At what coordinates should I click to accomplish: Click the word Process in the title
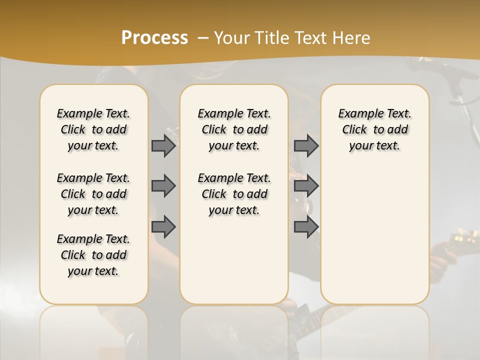tap(154, 38)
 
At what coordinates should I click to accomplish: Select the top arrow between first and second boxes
tap(163, 145)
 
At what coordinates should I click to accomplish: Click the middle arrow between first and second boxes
tap(163, 186)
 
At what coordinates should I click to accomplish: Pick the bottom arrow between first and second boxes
tap(163, 226)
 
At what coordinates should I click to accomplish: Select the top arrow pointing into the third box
tap(306, 145)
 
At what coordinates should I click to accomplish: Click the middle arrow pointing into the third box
tap(306, 186)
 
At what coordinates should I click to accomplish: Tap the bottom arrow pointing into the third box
tap(306, 226)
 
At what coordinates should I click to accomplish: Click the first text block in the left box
tap(93, 129)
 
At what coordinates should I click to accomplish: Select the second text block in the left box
tap(93, 194)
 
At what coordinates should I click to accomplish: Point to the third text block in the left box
tap(93, 255)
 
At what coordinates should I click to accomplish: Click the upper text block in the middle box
tap(234, 129)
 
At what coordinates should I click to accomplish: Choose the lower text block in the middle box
tap(234, 194)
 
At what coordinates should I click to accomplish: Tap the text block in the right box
tap(375, 129)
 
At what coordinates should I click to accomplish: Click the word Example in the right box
tap(356, 114)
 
